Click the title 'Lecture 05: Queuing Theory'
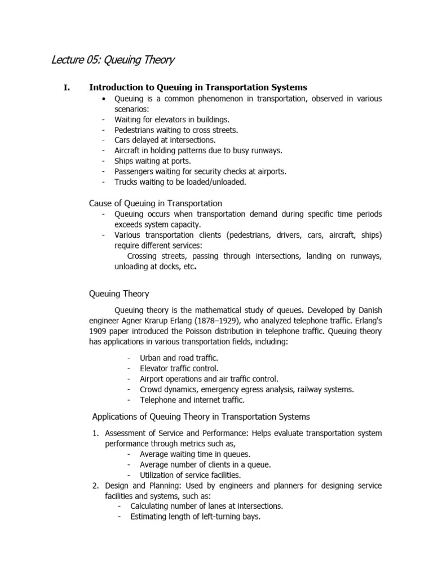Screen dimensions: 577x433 click(113, 59)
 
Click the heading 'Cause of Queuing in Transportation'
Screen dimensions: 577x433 click(156, 203)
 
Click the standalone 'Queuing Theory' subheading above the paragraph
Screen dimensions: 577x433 click(119, 294)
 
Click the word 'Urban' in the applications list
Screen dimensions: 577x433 click(152, 358)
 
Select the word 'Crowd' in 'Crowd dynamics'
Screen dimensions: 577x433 click(152, 389)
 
